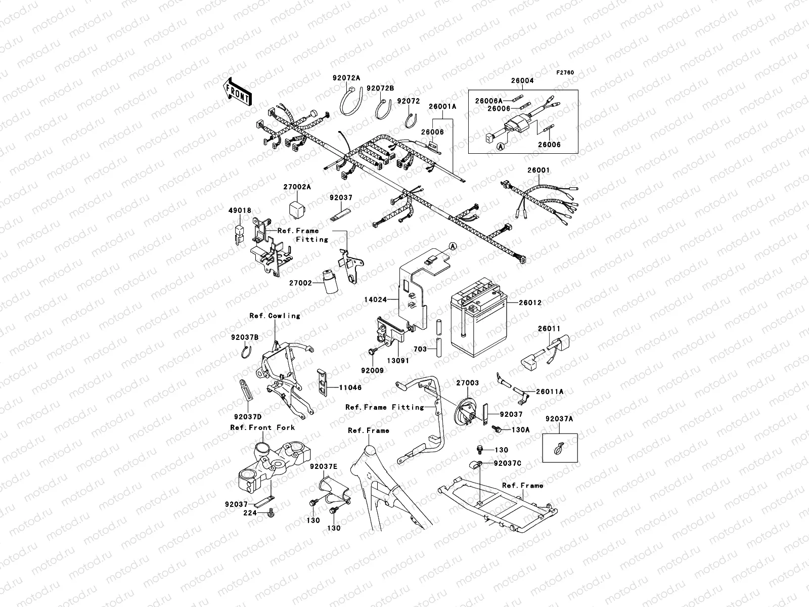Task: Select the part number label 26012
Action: [x=529, y=303]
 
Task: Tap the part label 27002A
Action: [x=297, y=187]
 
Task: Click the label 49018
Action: [x=239, y=210]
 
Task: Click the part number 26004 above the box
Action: [x=522, y=80]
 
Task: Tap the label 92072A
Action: [x=346, y=78]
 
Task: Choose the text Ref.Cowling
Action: [x=275, y=316]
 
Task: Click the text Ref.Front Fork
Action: [x=262, y=427]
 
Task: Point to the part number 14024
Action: [x=375, y=299]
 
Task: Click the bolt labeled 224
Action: [x=271, y=513]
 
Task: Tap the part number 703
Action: [x=420, y=349]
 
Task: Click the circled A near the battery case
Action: [x=453, y=246]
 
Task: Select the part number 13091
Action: [x=398, y=361]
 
